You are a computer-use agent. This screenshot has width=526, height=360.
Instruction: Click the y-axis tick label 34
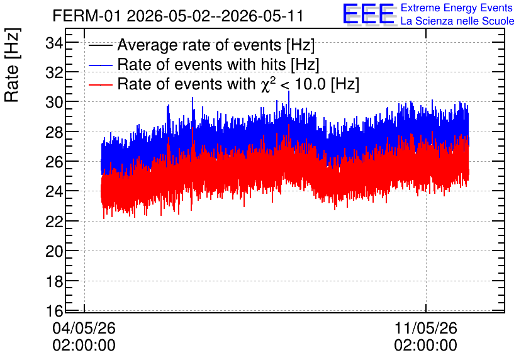click(54, 43)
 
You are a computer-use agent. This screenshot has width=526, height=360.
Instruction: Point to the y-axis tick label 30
click(54, 102)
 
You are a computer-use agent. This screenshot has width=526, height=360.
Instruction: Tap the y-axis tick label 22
click(54, 222)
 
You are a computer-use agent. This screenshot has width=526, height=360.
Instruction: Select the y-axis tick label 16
click(54, 311)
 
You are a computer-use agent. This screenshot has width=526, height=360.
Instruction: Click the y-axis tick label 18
click(54, 281)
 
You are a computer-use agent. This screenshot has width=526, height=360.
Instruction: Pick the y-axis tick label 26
click(54, 162)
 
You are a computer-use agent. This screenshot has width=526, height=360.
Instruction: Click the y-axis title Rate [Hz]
click(12, 65)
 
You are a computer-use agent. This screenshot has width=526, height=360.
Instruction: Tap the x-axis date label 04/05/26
click(84, 328)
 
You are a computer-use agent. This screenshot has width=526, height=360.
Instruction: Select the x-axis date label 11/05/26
click(426, 328)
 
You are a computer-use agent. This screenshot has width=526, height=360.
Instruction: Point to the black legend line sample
click(100, 45)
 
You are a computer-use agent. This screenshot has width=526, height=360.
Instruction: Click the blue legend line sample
click(100, 65)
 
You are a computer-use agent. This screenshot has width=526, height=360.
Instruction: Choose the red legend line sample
click(100, 84)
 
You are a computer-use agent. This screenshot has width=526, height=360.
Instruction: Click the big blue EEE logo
click(369, 14)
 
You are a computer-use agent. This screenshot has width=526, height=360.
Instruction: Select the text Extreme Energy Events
click(457, 8)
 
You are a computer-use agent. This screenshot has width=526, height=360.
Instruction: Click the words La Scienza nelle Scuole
click(457, 21)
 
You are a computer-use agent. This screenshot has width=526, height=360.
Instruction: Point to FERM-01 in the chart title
click(87, 16)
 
